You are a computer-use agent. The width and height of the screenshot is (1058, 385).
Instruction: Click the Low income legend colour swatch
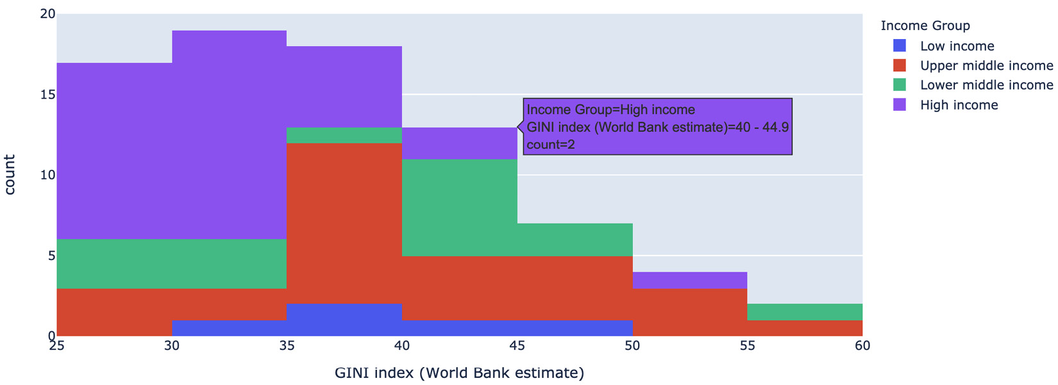click(x=900, y=45)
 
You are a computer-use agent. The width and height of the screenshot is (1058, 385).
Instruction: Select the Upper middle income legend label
click(x=986, y=65)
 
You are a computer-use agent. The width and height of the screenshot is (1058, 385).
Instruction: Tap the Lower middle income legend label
click(x=986, y=85)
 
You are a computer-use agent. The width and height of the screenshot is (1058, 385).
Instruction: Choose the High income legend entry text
click(x=959, y=105)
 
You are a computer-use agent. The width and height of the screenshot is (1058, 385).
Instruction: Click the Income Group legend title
click(x=925, y=26)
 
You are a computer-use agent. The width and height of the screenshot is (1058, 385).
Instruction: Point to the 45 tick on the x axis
click(x=517, y=346)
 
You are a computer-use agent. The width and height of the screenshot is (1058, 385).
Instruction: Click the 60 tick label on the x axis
click(x=862, y=346)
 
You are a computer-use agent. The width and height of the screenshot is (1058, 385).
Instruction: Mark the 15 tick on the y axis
click(x=47, y=95)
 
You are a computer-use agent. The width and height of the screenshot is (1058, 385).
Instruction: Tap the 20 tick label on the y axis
click(x=47, y=14)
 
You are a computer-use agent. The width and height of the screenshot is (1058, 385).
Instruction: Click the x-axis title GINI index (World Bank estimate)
click(x=459, y=373)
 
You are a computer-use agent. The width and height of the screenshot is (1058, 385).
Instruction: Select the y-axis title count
click(x=10, y=174)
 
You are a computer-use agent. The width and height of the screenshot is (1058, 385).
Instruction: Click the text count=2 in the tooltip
click(x=550, y=145)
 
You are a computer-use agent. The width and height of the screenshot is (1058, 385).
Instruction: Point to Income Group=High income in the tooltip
click(x=610, y=110)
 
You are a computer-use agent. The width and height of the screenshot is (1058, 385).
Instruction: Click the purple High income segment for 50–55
click(x=690, y=280)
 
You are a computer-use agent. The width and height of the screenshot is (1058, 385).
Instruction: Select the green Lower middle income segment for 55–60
click(x=805, y=312)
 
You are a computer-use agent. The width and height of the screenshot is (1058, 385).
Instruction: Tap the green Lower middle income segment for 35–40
click(x=344, y=135)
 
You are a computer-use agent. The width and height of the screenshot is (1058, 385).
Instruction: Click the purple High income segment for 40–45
click(x=459, y=143)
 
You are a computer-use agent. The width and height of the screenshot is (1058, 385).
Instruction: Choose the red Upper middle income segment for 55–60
click(x=805, y=328)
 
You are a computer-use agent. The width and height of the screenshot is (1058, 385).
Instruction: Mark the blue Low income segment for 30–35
click(x=229, y=328)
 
